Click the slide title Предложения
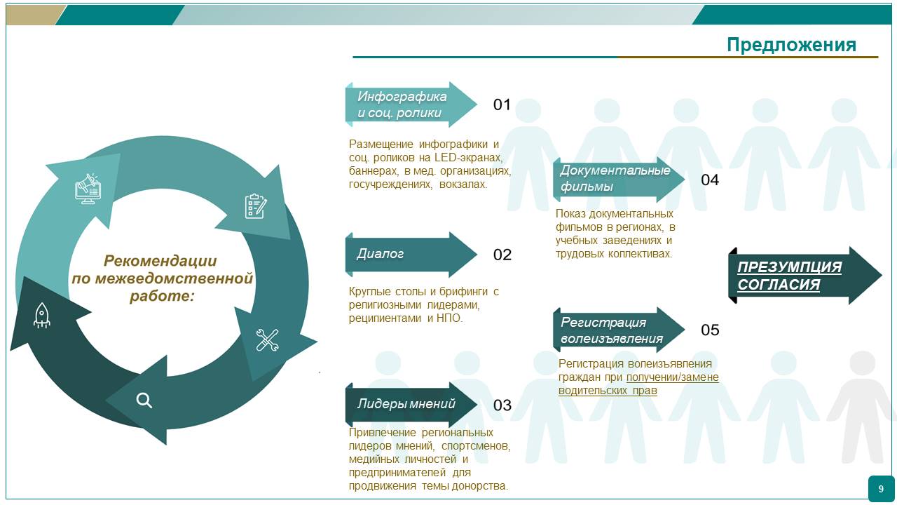click(x=791, y=45)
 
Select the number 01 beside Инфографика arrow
click(x=502, y=105)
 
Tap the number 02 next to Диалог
click(x=502, y=255)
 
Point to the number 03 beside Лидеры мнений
click(x=502, y=405)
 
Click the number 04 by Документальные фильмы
click(x=710, y=180)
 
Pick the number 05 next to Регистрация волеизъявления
click(x=710, y=330)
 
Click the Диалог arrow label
click(x=381, y=254)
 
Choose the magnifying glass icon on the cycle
click(x=144, y=400)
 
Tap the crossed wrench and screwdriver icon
click(x=267, y=340)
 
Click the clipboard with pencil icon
click(x=255, y=206)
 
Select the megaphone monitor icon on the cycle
click(x=88, y=189)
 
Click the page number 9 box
click(x=881, y=489)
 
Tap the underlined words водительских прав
click(x=608, y=391)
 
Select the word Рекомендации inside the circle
click(x=160, y=261)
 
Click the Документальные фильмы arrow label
click(x=615, y=179)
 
